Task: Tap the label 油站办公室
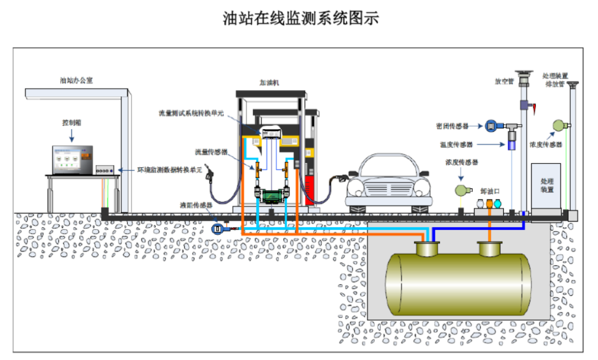click(76, 80)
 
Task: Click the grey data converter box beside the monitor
click(107, 171)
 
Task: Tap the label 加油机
click(270, 83)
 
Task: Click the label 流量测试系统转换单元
click(190, 114)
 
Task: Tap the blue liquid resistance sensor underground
click(219, 228)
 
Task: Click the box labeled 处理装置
click(547, 187)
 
